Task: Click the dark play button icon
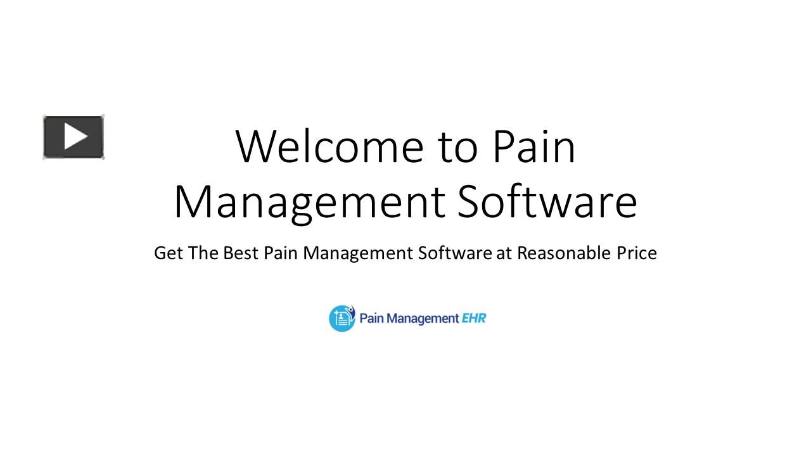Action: [73, 137]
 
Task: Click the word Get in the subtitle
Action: [168, 253]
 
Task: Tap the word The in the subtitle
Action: [203, 253]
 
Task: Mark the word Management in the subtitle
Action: [358, 253]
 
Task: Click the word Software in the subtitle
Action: [454, 253]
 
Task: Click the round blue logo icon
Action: [342, 318]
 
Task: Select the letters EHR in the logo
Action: [473, 318]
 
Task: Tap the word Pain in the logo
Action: [371, 318]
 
